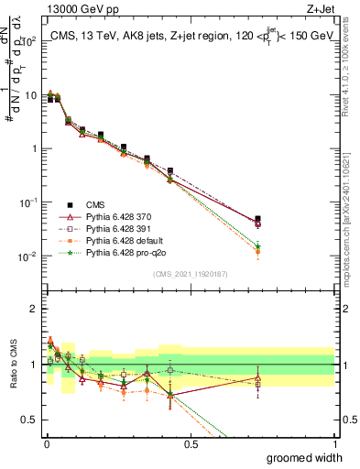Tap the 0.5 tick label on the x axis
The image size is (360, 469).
point(190,443)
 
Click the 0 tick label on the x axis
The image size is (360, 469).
point(47,443)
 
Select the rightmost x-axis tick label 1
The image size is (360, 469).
point(333,443)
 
